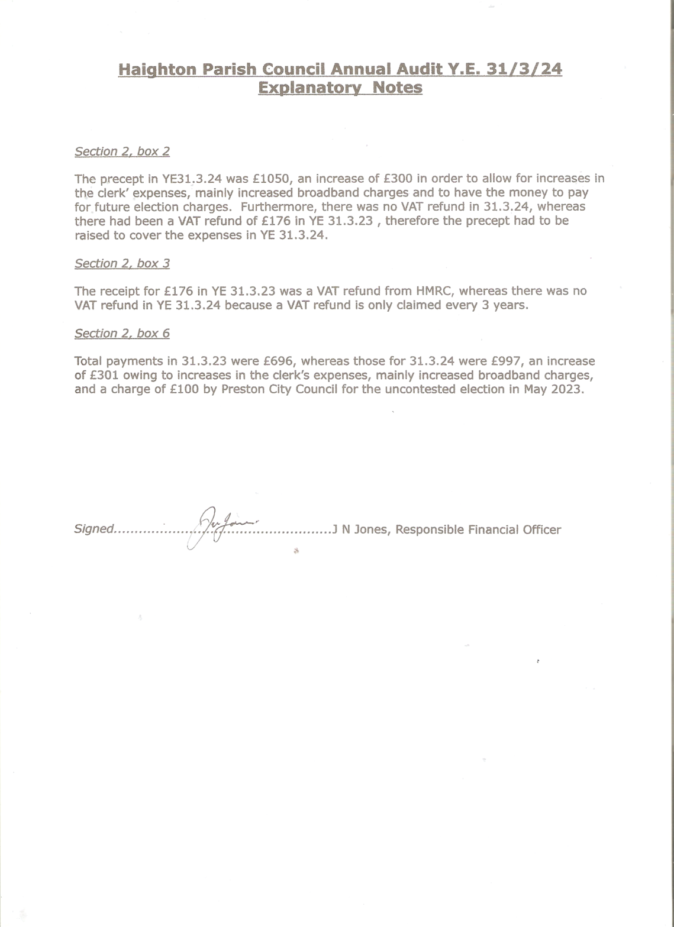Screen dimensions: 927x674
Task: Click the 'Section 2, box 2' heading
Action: [x=122, y=151]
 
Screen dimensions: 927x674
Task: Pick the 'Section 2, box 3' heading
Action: [x=122, y=263]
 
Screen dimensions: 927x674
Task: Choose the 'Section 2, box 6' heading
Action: [x=122, y=334]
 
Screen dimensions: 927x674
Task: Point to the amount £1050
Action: [x=271, y=179]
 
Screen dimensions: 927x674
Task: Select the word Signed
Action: [x=93, y=529]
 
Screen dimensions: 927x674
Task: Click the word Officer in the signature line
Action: [x=541, y=529]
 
